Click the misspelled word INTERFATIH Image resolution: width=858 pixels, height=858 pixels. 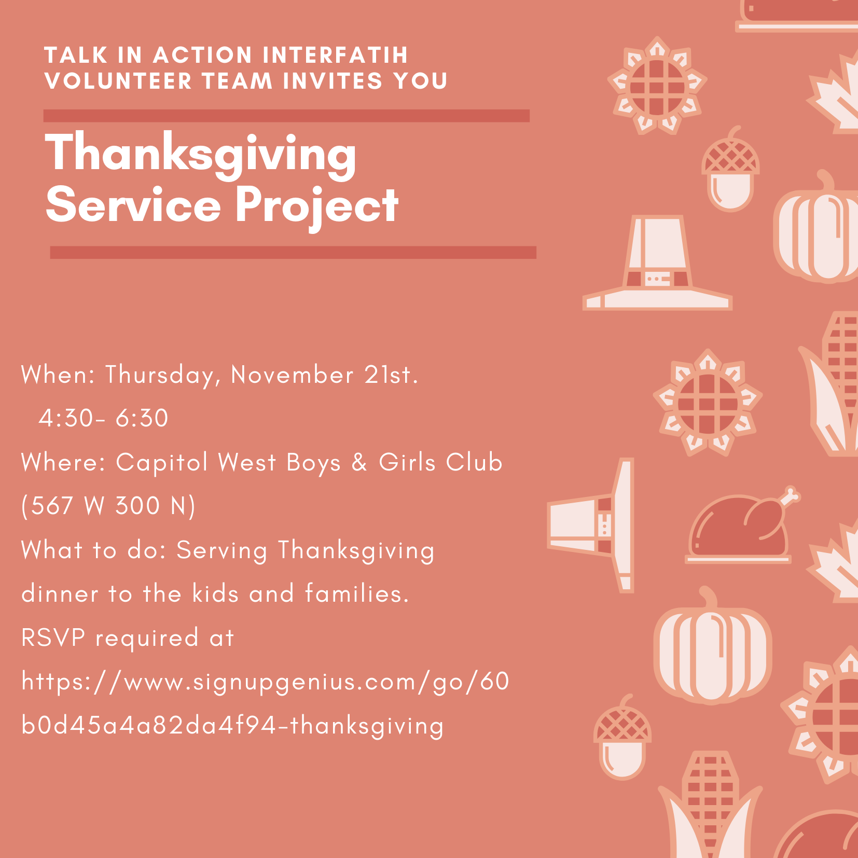(336, 55)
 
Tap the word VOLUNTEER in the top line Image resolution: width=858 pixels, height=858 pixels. (118, 81)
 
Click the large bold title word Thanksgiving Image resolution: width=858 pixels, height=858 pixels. (201, 154)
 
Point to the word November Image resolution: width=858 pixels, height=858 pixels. (292, 375)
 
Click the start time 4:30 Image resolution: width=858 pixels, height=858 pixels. (66, 418)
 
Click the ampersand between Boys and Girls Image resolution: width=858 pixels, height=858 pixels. (359, 463)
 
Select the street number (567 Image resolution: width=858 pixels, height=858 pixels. (47, 506)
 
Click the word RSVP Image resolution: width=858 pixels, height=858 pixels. (53, 638)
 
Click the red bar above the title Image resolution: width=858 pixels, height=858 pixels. (286, 116)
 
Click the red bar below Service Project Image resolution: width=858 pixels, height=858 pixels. (293, 253)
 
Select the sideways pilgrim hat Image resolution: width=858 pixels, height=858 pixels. (591, 525)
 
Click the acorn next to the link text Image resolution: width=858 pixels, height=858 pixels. (622, 737)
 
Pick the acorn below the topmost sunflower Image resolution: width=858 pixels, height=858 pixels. (730, 169)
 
